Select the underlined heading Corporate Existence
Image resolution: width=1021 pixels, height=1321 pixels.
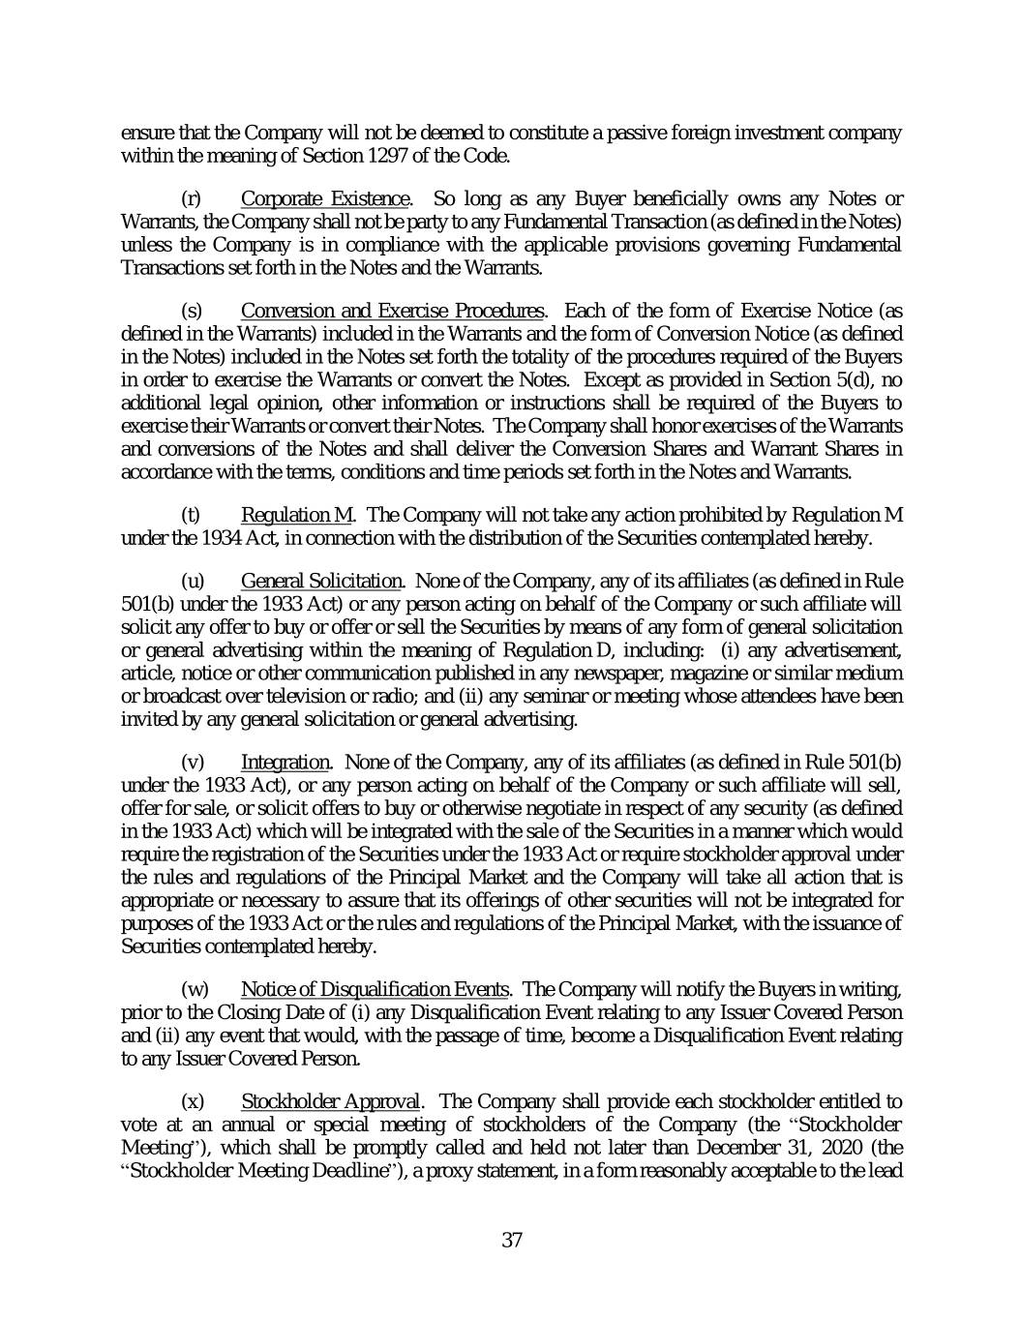pos(326,199)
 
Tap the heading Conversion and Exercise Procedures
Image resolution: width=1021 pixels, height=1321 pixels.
pos(391,311)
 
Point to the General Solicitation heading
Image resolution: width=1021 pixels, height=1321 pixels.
pos(321,581)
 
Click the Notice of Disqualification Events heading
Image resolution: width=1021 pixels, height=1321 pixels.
pos(375,989)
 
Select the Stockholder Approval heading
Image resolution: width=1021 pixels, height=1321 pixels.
pos(331,1101)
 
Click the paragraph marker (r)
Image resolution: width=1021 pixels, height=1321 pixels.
pos(192,199)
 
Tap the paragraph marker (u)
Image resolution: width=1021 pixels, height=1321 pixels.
pos(193,581)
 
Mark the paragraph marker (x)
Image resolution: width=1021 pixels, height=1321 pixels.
pos(193,1101)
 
